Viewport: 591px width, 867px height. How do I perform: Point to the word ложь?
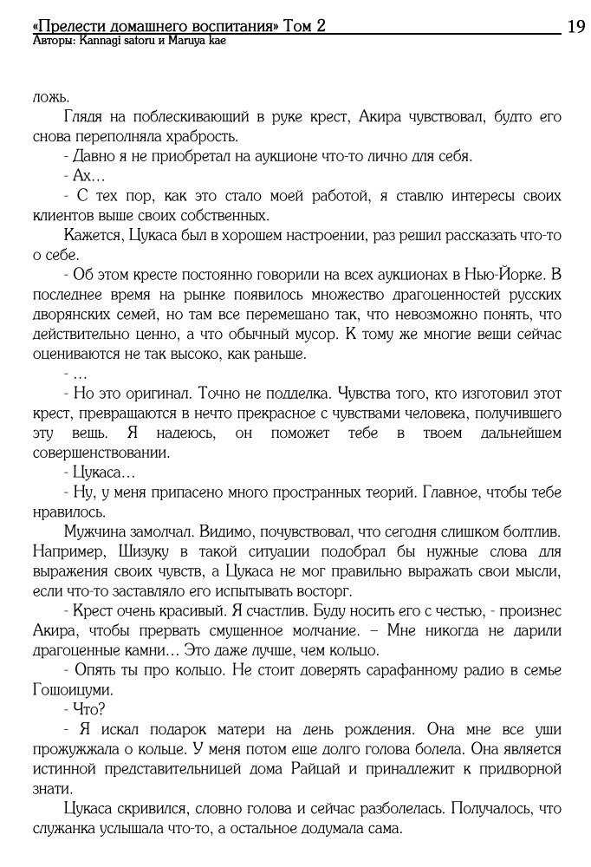(50, 97)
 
